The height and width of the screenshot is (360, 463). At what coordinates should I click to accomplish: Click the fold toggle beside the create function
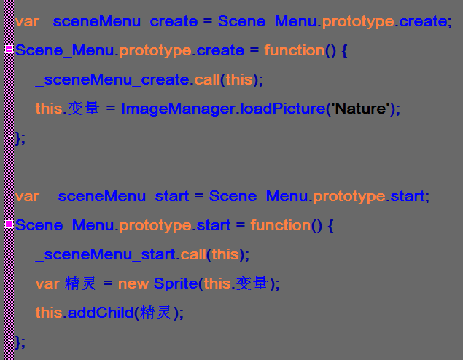pyautogui.click(x=9, y=49)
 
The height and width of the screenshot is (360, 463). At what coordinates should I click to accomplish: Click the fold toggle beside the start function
pyautogui.click(x=9, y=224)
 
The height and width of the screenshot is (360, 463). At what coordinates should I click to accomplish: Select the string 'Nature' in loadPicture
pyautogui.click(x=360, y=109)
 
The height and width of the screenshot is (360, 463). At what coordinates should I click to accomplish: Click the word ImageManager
pyautogui.click(x=178, y=109)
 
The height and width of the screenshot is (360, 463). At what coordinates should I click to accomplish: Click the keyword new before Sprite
pyautogui.click(x=133, y=284)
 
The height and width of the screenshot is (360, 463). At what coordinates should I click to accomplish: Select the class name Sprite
pyautogui.click(x=176, y=284)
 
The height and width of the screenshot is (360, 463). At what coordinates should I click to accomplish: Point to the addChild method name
pyautogui.click(x=101, y=313)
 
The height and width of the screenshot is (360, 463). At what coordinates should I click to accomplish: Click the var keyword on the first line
pyautogui.click(x=27, y=22)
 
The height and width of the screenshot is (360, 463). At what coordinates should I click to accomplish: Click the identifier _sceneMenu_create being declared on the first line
pyautogui.click(x=120, y=21)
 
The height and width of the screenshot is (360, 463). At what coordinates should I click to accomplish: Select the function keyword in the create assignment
pyautogui.click(x=295, y=50)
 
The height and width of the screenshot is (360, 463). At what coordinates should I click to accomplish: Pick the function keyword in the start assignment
pyautogui.click(x=281, y=225)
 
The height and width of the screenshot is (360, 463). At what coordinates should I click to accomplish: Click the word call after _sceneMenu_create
pyautogui.click(x=207, y=79)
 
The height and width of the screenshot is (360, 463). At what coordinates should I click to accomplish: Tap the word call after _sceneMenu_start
pyautogui.click(x=193, y=254)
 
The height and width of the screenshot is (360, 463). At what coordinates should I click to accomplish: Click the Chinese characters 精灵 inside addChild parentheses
pyautogui.click(x=155, y=313)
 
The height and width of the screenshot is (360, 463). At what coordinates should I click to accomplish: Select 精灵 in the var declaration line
pyautogui.click(x=81, y=283)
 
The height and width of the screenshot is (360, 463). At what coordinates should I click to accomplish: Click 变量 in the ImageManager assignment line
pyautogui.click(x=84, y=109)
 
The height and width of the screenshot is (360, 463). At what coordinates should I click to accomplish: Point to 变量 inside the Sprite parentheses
pyautogui.click(x=252, y=283)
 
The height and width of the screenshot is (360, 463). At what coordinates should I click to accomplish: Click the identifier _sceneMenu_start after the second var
pyautogui.click(x=119, y=196)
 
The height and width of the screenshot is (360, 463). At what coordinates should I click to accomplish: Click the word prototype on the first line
pyautogui.click(x=358, y=22)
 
